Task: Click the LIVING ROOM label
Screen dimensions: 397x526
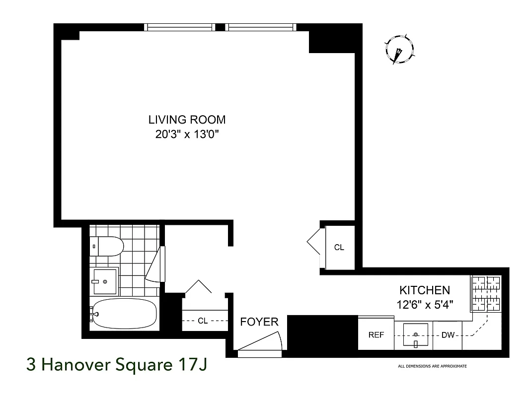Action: click(x=187, y=120)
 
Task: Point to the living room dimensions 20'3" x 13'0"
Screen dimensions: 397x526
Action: click(x=187, y=135)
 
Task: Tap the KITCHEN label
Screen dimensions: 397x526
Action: click(x=425, y=290)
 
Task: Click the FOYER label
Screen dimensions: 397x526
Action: click(x=259, y=322)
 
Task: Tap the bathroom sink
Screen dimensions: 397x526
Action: click(x=104, y=281)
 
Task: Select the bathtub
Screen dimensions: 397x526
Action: click(x=125, y=313)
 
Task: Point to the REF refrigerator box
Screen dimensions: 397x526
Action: click(x=376, y=335)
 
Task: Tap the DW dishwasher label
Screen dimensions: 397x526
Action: click(x=448, y=335)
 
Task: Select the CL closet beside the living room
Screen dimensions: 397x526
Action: click(x=339, y=247)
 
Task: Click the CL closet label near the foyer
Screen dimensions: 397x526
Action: click(x=203, y=321)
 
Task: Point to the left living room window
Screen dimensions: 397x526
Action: click(x=180, y=27)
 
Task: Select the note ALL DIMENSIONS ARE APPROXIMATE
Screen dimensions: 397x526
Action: click(x=432, y=366)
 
